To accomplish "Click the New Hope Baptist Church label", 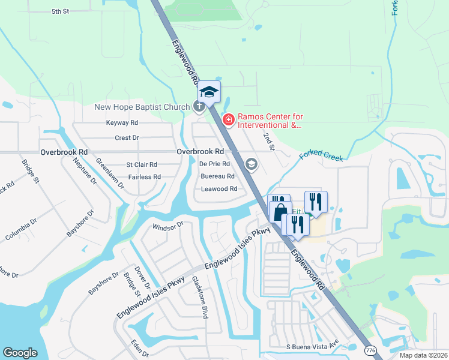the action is point(141,107).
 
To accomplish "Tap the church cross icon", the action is point(199,107).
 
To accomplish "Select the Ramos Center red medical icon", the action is point(228,121).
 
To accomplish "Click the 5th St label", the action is point(61,11).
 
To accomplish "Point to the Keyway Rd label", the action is point(122,122).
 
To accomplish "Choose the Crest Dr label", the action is point(127,137).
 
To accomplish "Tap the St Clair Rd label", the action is point(142,164).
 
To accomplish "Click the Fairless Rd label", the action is point(144,177).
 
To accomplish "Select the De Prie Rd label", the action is point(214,164).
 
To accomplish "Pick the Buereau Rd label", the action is point(217,176).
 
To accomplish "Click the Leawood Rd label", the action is point(219,188).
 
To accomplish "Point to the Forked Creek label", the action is point(321,155).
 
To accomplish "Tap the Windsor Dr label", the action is point(167,227).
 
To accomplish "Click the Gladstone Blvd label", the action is point(200,296).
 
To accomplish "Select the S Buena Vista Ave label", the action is point(312,347).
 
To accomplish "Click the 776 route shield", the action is point(371,350).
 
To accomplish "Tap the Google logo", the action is point(20,353).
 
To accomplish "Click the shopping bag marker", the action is point(280,212).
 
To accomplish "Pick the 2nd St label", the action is point(268,142).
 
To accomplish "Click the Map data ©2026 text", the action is point(423,355).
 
